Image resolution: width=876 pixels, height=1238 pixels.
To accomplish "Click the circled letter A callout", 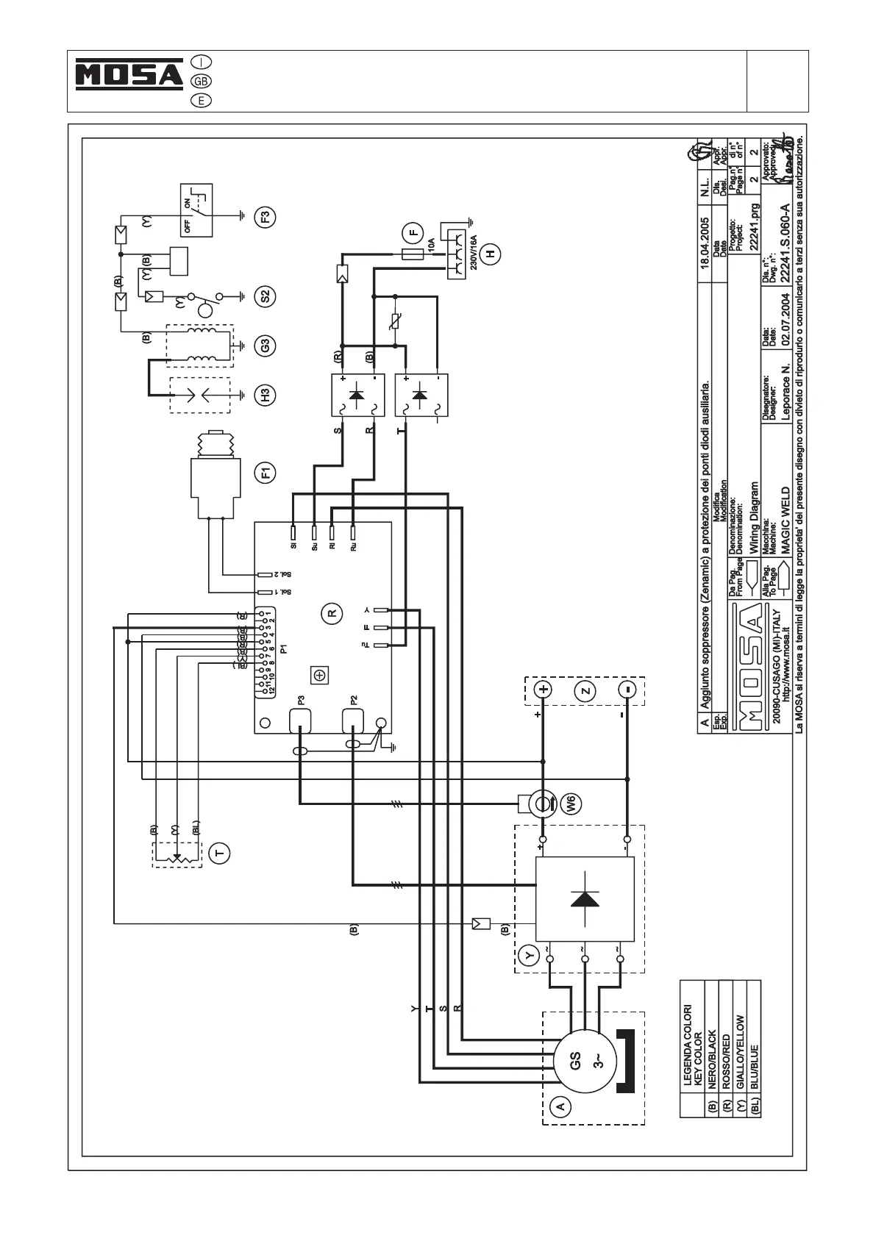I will tap(560, 1106).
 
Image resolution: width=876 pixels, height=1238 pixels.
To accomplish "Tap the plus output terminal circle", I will tap(543, 690).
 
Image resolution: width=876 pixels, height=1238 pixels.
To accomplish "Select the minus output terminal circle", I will tap(627, 690).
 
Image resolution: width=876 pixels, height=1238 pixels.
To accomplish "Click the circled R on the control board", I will tap(332, 612).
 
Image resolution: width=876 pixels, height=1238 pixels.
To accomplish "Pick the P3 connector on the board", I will tap(300, 721).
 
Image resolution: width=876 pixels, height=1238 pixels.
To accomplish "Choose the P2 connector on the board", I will tap(354, 721).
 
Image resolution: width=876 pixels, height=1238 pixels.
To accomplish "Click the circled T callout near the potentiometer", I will tap(218, 853).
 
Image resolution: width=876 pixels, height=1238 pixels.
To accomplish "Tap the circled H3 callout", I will tap(266, 394).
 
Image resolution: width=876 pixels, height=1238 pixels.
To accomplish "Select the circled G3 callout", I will tap(266, 344).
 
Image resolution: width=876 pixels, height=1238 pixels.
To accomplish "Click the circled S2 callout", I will tap(266, 296).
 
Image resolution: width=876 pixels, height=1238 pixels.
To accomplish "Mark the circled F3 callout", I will tap(266, 217).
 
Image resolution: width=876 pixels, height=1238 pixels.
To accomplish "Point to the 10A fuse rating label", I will tap(432, 245).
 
